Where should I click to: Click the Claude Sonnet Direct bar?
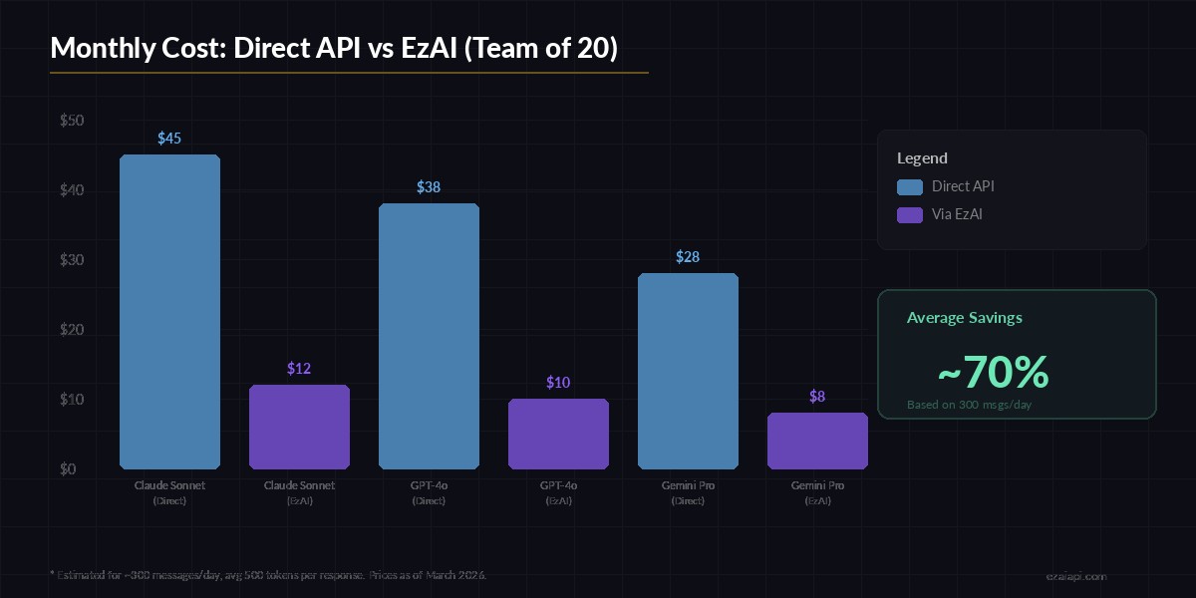tap(169, 312)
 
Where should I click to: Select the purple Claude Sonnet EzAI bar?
tap(299, 427)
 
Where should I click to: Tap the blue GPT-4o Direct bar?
tap(429, 336)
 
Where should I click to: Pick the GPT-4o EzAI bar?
tap(558, 434)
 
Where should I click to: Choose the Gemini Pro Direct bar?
tap(688, 371)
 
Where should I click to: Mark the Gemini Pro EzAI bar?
tap(817, 441)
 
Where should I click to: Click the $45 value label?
tap(169, 139)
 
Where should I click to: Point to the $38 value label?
tap(429, 187)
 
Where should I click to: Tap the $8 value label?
tap(817, 397)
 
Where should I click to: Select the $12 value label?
tap(299, 369)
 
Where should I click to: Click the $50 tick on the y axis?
tap(72, 121)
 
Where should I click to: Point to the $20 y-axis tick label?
tap(72, 330)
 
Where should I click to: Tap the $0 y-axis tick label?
tap(68, 469)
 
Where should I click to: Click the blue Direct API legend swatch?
tap(909, 186)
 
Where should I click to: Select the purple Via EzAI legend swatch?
tap(909, 214)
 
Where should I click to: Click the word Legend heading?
tap(922, 157)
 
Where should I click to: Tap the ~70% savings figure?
tap(993, 373)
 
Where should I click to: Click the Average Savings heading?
tap(964, 318)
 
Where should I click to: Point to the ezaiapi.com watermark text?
tap(1075, 576)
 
